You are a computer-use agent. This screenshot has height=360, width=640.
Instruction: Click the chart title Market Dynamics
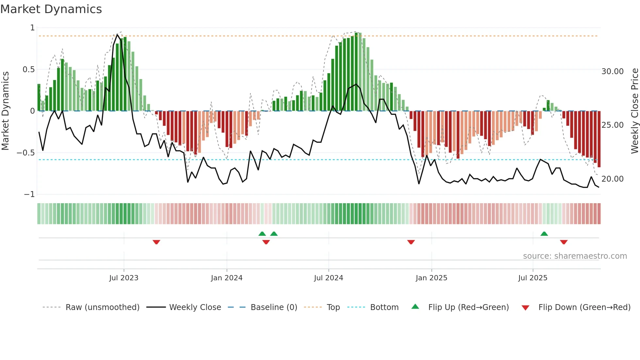(51, 9)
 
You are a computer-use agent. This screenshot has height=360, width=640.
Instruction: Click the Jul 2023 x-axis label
(124, 278)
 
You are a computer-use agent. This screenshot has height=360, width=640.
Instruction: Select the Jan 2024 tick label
(227, 278)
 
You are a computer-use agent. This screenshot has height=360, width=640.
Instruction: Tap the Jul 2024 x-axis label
(328, 278)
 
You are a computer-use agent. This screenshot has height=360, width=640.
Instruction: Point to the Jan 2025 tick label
(431, 278)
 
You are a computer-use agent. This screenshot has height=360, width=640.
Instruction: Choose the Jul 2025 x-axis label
(533, 278)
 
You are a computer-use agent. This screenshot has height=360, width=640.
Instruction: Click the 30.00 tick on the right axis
(612, 72)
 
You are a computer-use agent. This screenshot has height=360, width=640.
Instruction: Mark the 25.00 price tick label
(612, 125)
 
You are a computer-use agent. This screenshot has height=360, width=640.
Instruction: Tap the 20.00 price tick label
(612, 179)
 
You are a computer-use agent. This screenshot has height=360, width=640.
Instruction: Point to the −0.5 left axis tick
(25, 153)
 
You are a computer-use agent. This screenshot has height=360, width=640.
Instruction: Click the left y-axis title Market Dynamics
(6, 111)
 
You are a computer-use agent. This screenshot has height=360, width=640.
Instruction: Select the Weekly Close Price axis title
(634, 111)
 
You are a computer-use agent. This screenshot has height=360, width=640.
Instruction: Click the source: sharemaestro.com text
(575, 256)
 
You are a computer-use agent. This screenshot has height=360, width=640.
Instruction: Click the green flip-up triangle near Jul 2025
(544, 234)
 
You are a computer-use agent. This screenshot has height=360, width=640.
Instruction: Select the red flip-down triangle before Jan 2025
(411, 242)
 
